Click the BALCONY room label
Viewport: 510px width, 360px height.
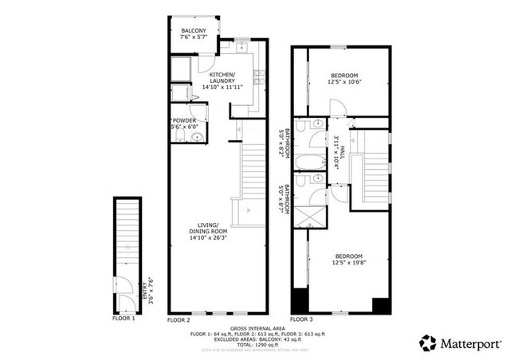coord(193,31)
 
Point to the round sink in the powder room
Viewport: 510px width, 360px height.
coord(197,138)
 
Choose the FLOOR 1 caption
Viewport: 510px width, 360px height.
coord(123,319)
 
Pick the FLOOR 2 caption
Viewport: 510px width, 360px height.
coord(179,319)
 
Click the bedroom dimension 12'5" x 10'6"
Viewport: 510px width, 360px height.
coord(344,82)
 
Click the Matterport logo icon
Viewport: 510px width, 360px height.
coord(429,342)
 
